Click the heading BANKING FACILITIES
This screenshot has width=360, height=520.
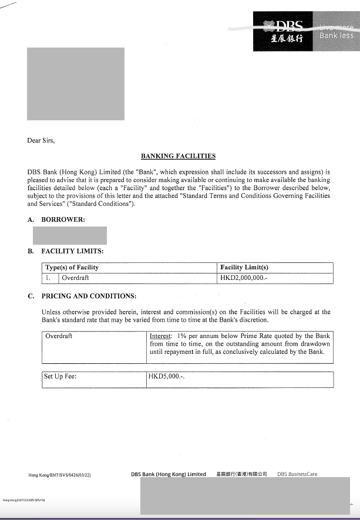coord(178,156)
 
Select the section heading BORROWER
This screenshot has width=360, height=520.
coord(63,220)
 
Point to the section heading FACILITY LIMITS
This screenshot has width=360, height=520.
coord(72,251)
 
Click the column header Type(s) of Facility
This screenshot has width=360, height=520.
coord(72,268)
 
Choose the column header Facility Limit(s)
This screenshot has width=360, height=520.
coord(244,268)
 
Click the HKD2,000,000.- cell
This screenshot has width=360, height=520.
coord(244,278)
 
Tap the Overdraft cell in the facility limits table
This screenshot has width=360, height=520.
coord(75,278)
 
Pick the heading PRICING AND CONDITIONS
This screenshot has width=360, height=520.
coord(88,296)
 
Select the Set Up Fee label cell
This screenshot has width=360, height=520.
coord(60,376)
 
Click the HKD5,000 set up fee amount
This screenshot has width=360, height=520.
coord(167,376)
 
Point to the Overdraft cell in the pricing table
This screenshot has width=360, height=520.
coord(59,336)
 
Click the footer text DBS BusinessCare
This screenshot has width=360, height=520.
coord(297,474)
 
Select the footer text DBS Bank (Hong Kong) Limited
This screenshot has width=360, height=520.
coord(169,474)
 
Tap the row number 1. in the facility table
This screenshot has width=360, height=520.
coord(49,278)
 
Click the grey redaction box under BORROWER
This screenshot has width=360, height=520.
coord(69,235)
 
